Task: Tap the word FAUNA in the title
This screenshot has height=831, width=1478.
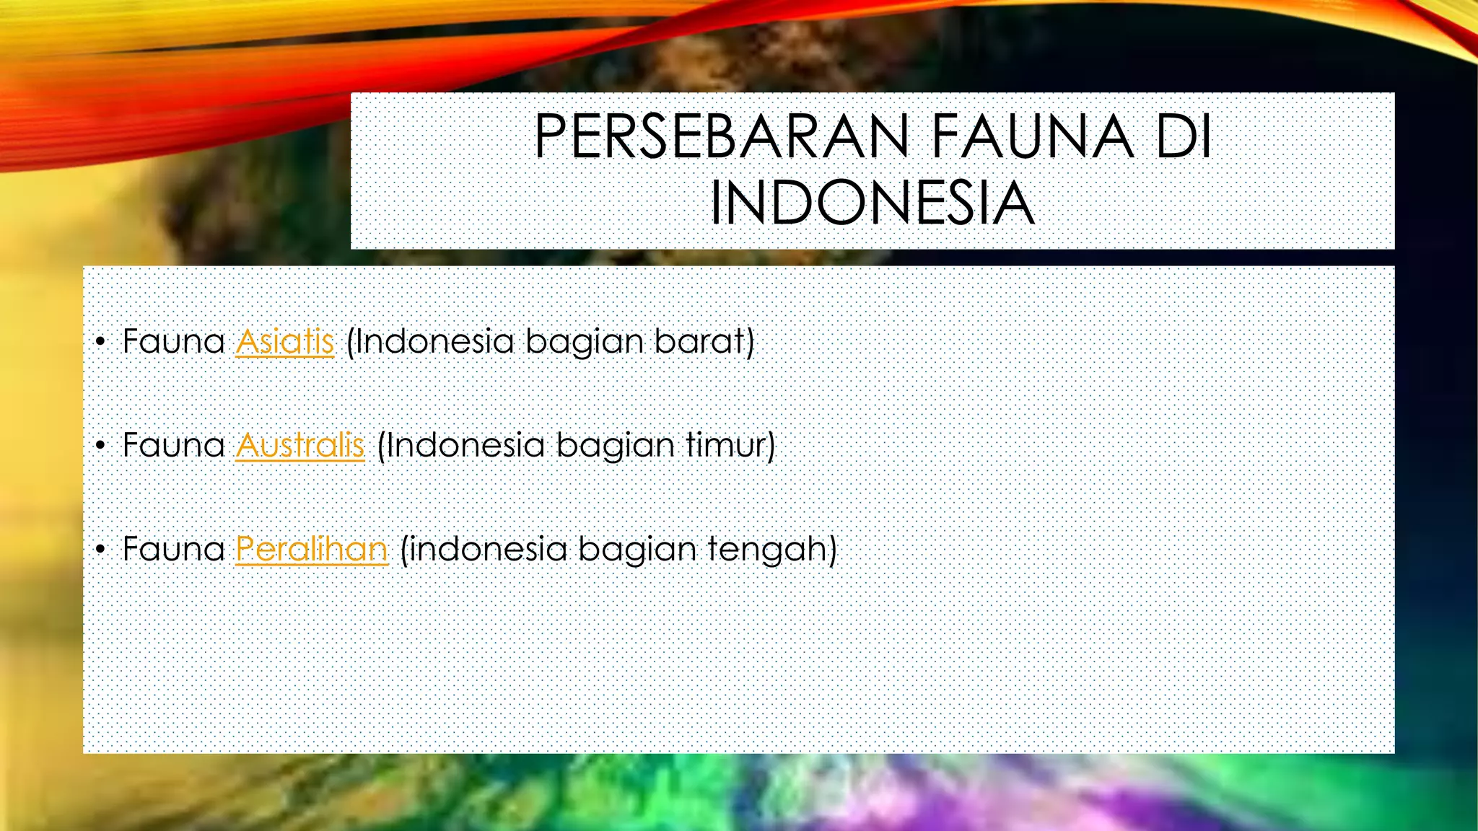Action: (1033, 136)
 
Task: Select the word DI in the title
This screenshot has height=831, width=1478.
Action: (1184, 136)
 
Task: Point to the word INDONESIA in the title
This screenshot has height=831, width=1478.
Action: (873, 203)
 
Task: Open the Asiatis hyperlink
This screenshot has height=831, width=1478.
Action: (285, 341)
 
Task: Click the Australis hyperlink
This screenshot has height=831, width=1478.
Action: (300, 445)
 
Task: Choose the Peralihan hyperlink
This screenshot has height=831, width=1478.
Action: (312, 549)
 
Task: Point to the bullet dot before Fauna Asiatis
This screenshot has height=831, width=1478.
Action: (100, 342)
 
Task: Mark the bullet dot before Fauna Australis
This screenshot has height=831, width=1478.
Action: (100, 446)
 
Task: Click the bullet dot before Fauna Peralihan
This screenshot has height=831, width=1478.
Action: (100, 550)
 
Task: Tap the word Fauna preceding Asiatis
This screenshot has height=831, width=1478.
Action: (174, 341)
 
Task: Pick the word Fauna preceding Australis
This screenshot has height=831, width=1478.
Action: (174, 445)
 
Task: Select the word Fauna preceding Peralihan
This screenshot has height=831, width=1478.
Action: (174, 549)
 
